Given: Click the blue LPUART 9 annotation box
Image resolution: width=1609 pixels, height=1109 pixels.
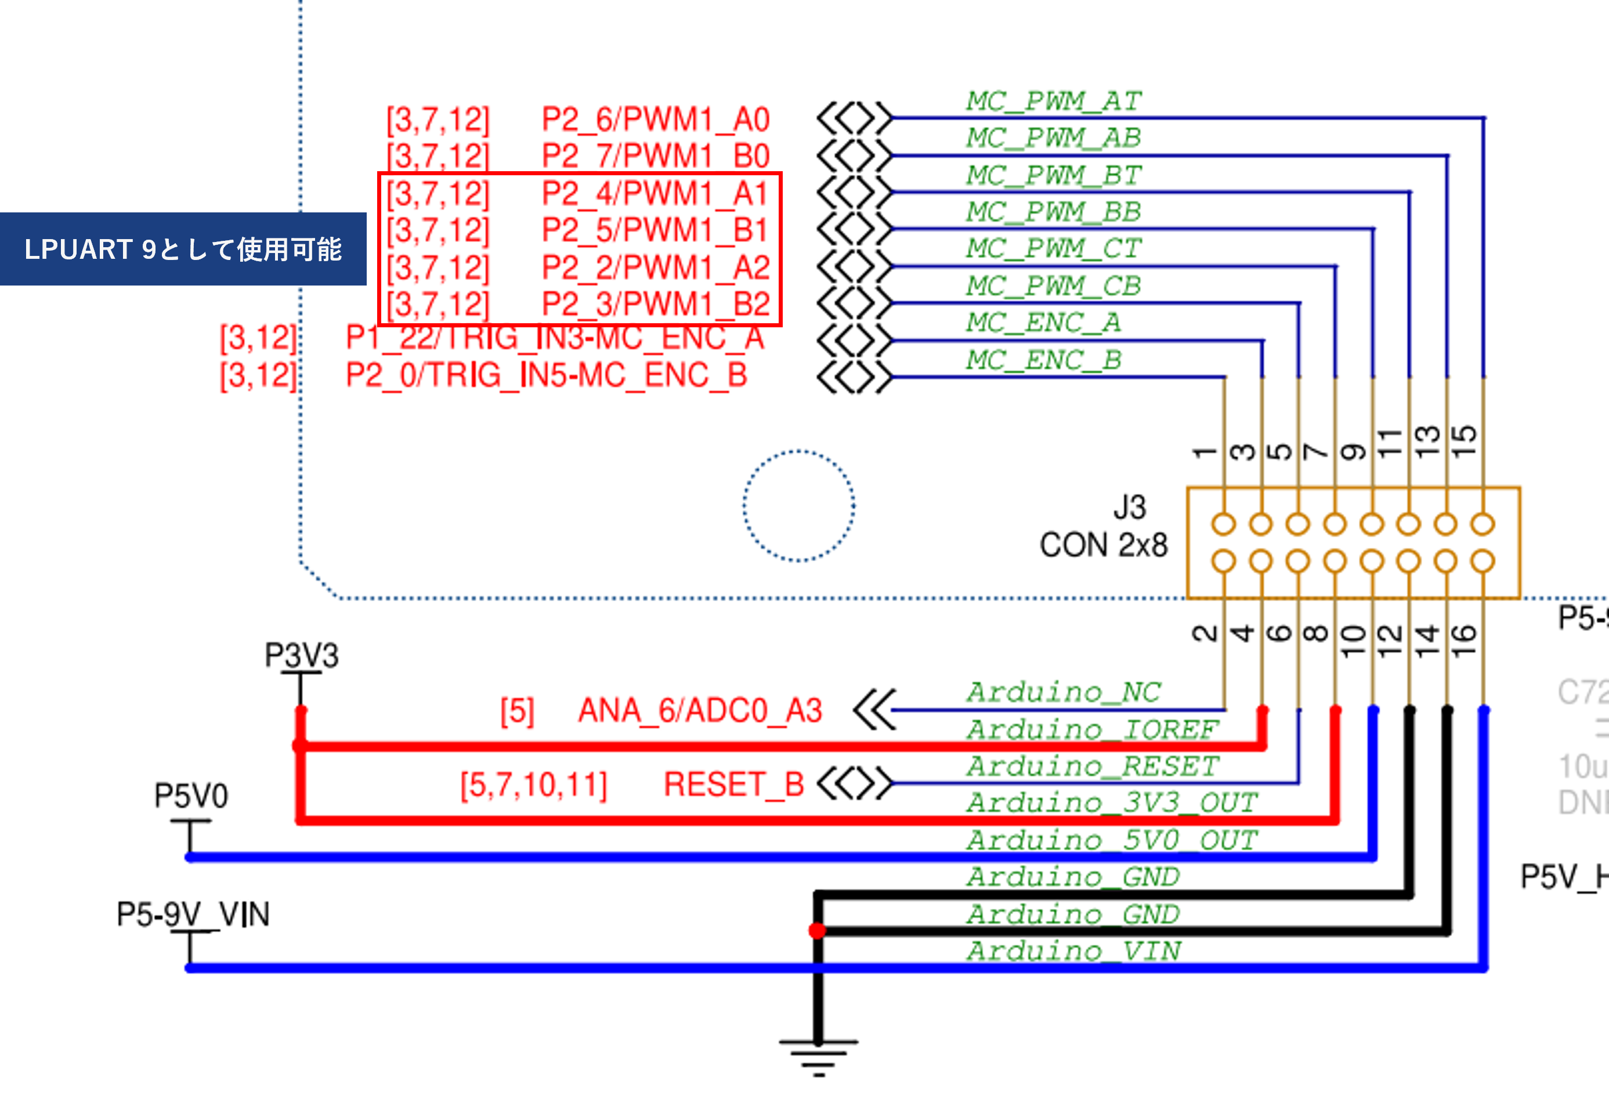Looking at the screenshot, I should pyautogui.click(x=183, y=249).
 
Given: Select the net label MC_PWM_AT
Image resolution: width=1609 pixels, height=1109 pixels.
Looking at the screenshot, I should pyautogui.click(x=1053, y=102).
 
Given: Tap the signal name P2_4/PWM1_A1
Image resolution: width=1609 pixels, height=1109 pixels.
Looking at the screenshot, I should pyautogui.click(x=655, y=193).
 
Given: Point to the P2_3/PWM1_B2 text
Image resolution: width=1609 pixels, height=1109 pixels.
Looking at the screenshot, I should pyautogui.click(x=655, y=304).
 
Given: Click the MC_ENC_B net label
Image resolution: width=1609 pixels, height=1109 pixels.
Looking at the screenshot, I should pyautogui.click(x=1043, y=360).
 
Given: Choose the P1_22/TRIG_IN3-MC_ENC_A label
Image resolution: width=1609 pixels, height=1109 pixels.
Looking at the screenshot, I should pyautogui.click(x=554, y=338).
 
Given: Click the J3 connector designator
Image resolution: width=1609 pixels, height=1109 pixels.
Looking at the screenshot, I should pyautogui.click(x=1129, y=507).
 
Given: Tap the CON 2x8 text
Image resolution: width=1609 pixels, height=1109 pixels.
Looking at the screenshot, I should pyautogui.click(x=1102, y=545).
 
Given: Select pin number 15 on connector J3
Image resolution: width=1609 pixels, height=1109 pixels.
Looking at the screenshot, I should pyautogui.click(x=1463, y=440).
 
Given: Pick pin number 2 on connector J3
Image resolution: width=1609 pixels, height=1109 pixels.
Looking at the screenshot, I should pyautogui.click(x=1205, y=633).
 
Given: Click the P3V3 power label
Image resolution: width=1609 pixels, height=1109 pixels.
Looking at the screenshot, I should pyautogui.click(x=302, y=655).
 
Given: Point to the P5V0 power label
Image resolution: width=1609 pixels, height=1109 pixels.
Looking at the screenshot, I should pyautogui.click(x=191, y=796).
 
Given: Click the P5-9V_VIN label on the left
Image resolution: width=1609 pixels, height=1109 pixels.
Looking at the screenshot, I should pyautogui.click(x=193, y=914).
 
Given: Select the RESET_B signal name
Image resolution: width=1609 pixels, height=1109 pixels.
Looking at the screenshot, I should pyautogui.click(x=733, y=785).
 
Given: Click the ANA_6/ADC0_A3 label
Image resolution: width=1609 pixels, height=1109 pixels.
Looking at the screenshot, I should pyautogui.click(x=700, y=710).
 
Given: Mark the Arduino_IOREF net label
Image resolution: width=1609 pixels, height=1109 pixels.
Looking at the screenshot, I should pyautogui.click(x=1091, y=729).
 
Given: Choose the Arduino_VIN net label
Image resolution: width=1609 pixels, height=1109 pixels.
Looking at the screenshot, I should pyautogui.click(x=1073, y=951).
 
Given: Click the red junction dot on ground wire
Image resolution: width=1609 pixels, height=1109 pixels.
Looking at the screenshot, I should pyautogui.click(x=818, y=930).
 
